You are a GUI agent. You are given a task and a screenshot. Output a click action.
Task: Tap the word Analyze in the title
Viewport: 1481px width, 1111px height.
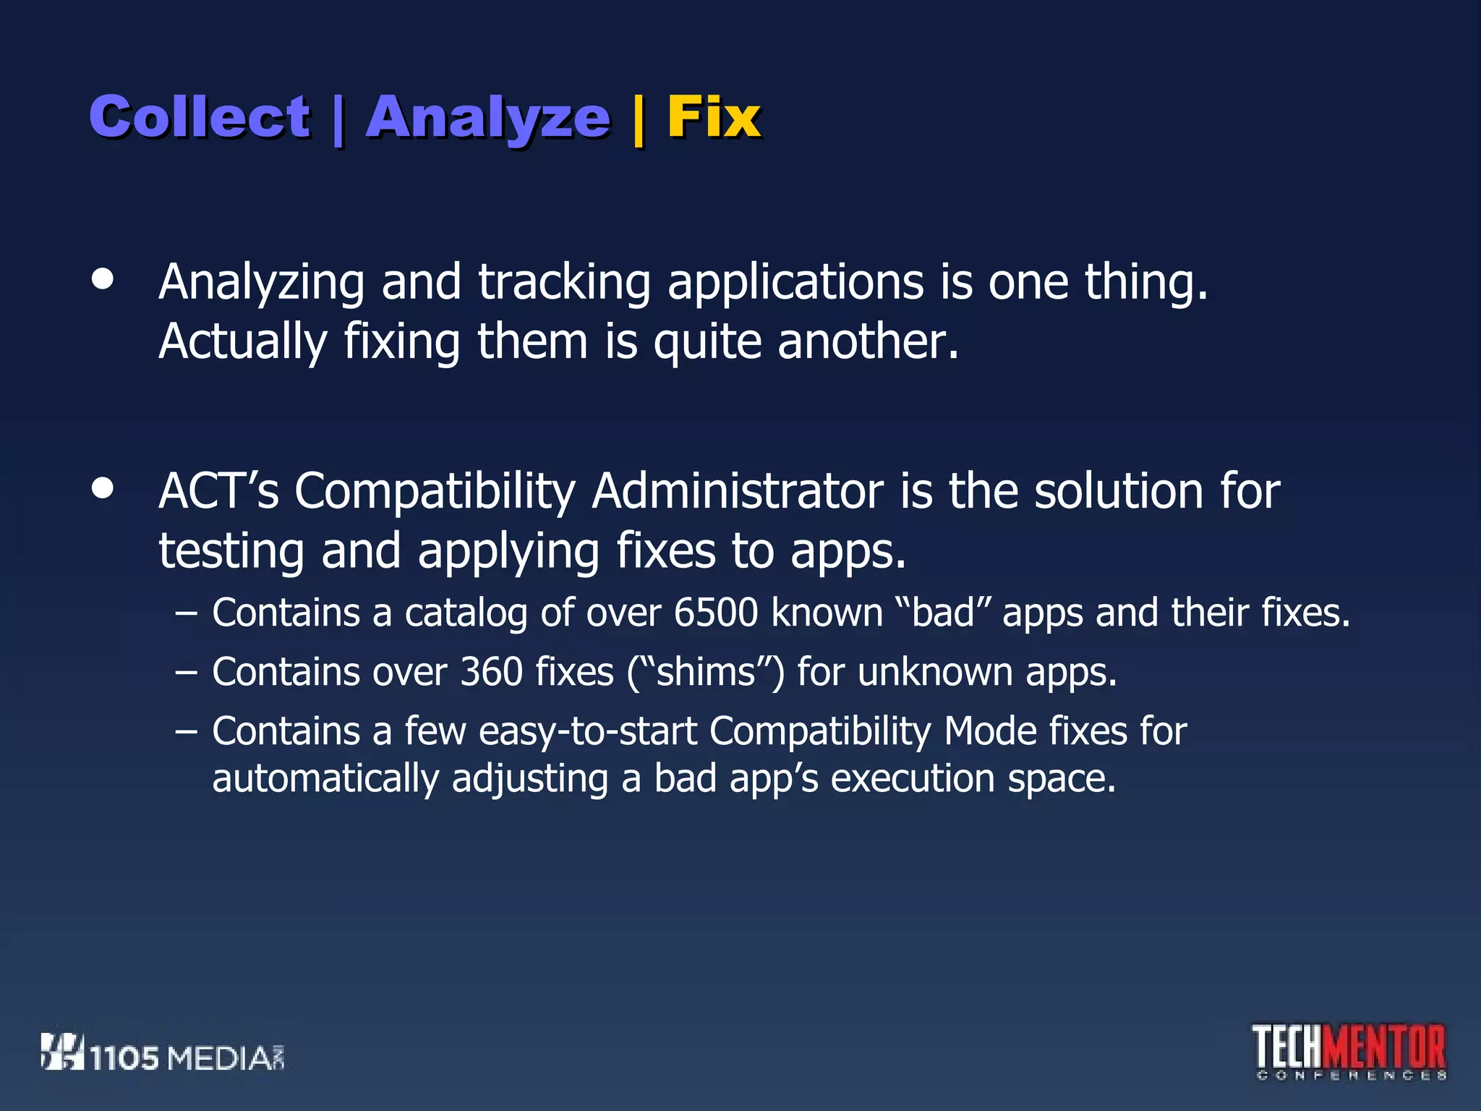coord(488,118)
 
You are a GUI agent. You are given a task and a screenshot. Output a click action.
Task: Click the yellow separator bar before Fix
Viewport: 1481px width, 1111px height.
coord(638,119)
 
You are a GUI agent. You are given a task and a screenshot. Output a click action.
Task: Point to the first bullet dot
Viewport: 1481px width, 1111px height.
coord(103,279)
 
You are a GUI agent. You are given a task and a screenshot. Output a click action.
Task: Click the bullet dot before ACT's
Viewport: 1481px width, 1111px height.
coord(103,488)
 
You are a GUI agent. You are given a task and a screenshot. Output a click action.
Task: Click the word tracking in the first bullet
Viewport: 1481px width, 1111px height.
coord(563,281)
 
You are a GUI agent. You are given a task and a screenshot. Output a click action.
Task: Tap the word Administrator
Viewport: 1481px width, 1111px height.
coord(738,491)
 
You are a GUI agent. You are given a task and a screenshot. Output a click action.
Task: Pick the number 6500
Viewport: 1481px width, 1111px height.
coord(715,613)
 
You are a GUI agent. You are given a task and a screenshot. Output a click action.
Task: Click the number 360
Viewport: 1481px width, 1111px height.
coord(491,672)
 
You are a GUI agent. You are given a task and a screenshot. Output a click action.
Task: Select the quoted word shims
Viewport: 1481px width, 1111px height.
coord(706,672)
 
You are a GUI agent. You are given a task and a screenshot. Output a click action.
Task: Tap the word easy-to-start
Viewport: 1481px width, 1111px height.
coord(587,731)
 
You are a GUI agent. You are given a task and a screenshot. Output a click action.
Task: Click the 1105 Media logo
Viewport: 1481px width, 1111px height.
coord(162,1052)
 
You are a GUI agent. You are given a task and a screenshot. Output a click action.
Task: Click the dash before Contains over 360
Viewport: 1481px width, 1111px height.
coord(186,673)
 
